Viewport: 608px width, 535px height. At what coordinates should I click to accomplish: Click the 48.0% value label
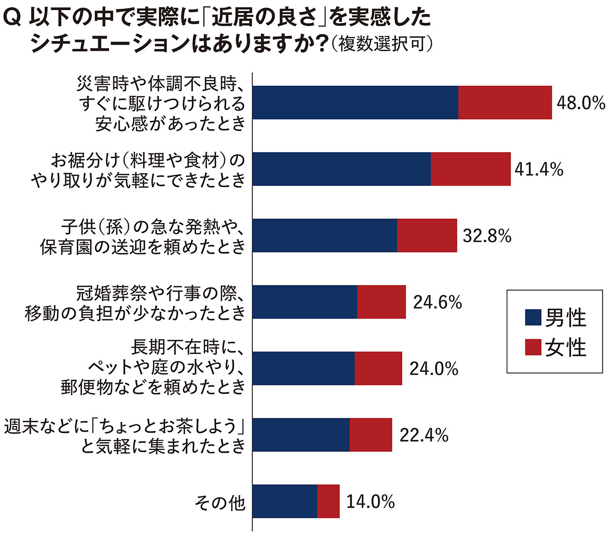click(x=581, y=103)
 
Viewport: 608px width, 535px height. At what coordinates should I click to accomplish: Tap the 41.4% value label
click(x=539, y=169)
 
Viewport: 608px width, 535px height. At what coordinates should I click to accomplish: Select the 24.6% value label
click(x=437, y=302)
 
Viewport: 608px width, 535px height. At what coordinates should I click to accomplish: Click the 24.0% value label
click(x=434, y=369)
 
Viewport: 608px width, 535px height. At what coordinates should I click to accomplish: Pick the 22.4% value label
click(x=424, y=435)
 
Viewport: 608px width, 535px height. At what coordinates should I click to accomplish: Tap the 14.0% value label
click(x=370, y=502)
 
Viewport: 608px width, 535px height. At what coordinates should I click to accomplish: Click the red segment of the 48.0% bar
click(x=505, y=102)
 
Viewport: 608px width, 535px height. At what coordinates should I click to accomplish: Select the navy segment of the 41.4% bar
click(x=341, y=169)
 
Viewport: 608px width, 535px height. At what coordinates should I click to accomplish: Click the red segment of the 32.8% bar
click(x=427, y=235)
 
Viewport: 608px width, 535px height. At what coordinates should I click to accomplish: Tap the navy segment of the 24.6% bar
click(x=305, y=302)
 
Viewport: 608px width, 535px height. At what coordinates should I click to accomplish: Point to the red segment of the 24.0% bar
click(x=378, y=368)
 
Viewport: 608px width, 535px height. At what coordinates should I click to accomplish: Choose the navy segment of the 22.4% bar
click(x=300, y=435)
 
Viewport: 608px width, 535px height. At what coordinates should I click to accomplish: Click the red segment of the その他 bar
click(x=328, y=501)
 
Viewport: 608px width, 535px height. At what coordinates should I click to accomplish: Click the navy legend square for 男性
click(x=534, y=317)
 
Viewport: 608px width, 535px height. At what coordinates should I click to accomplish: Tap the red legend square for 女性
click(x=534, y=347)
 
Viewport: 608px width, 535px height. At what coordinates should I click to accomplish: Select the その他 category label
click(x=220, y=503)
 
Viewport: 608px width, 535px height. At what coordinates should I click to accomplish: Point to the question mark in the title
click(x=320, y=44)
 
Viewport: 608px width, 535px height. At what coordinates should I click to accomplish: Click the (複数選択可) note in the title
click(x=381, y=44)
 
